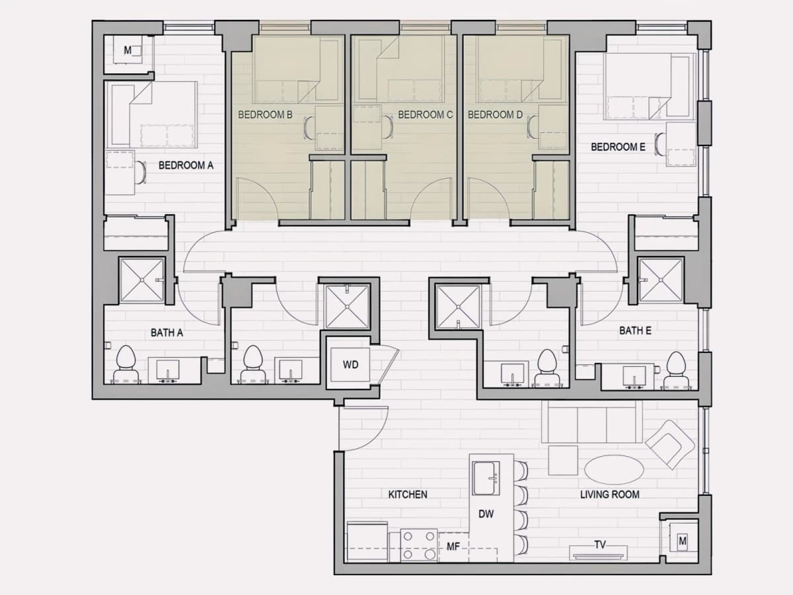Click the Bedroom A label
coord(186,165)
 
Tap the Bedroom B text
coord(265,115)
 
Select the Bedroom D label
coord(495,115)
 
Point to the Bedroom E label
coord(618,147)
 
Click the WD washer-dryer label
coord(350,364)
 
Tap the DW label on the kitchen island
coord(486,514)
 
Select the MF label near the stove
coord(453,547)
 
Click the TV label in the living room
coord(600,544)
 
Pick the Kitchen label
coord(408,495)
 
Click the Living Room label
coord(609,495)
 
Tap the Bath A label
coord(167,333)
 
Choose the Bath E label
coord(635,331)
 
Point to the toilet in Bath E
coord(675,370)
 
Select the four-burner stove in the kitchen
coord(419,545)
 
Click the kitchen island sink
coord(486,478)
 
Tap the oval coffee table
coord(614,469)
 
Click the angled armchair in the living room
coord(669,445)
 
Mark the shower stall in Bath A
coord(141,280)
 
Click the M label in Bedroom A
coord(128,50)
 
